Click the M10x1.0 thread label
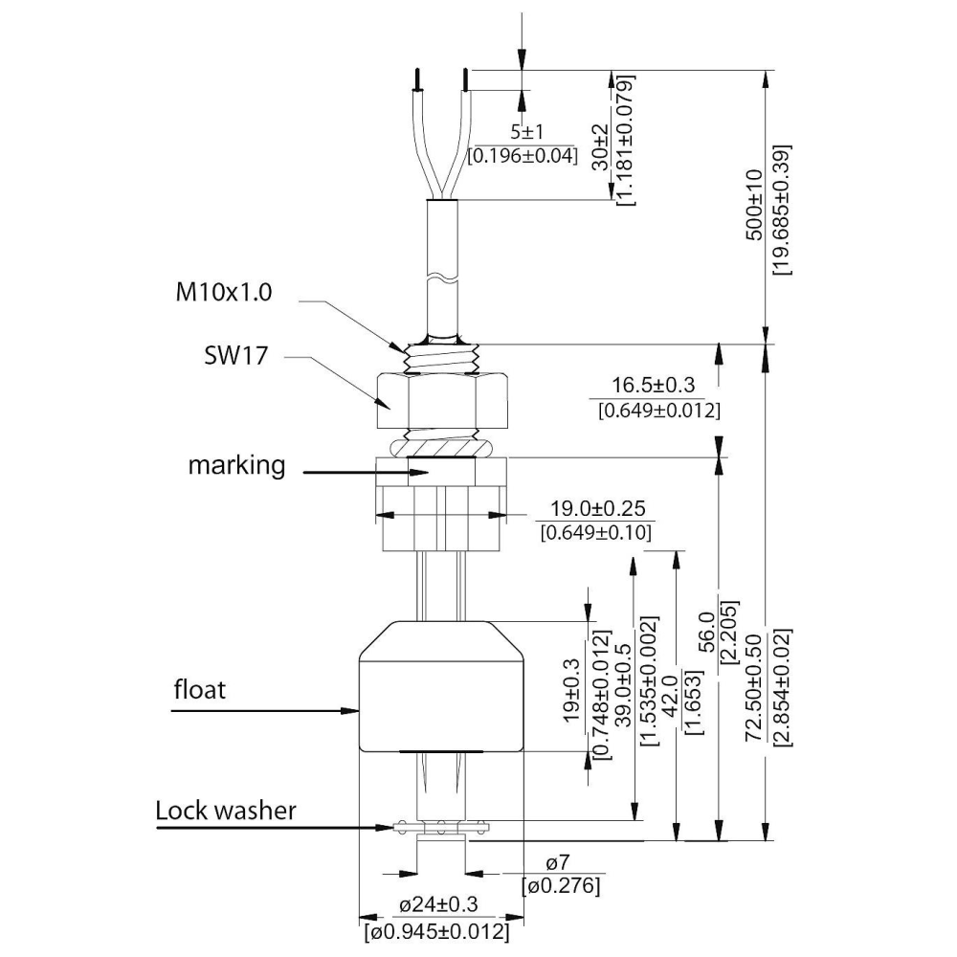223,292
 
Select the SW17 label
235,355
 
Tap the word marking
236,465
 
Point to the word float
200,690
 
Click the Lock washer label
225,811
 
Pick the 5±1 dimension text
526,131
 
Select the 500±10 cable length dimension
755,205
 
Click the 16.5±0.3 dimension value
653,385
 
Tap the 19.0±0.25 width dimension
597,508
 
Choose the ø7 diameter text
558,862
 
